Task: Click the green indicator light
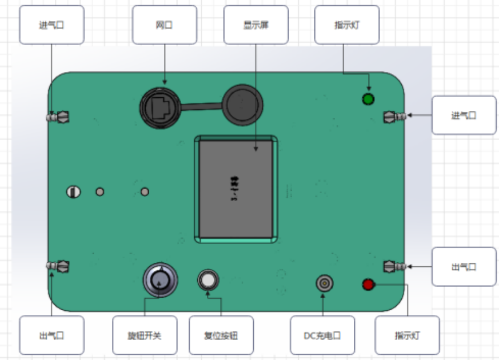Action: pos(368,99)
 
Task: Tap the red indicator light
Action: pos(368,285)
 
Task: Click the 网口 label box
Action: pos(165,25)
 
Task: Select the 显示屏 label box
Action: pos(256,25)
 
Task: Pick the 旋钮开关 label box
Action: pos(145,335)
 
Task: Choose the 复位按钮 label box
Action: pos(221,335)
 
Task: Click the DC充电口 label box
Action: pos(322,335)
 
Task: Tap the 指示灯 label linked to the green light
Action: pos(346,25)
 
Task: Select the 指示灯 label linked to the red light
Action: pos(407,335)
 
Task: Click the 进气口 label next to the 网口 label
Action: pos(51,25)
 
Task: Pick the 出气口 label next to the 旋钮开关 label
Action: pos(51,335)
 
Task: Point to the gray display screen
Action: pos(235,189)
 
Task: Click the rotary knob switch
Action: pos(160,279)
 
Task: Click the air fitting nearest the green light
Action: pos(394,117)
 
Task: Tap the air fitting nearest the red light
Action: pos(394,266)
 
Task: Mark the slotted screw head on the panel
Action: pos(73,192)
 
